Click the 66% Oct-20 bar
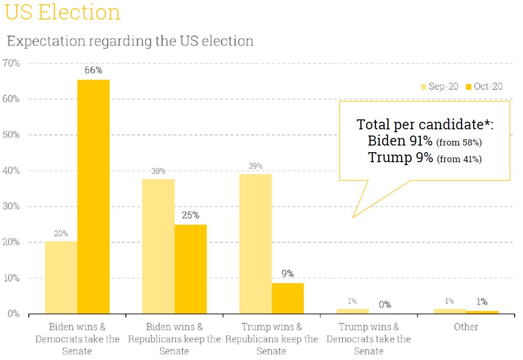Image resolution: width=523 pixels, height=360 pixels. (x=93, y=196)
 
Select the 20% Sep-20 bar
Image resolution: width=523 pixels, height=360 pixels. (x=61, y=278)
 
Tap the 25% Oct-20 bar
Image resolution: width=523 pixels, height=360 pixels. (x=190, y=269)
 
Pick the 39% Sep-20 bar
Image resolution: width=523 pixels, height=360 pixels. (x=256, y=243)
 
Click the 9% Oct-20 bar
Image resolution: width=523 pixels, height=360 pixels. (x=287, y=298)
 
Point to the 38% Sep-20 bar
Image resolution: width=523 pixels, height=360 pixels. (x=158, y=246)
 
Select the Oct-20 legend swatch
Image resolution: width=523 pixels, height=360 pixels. (x=469, y=87)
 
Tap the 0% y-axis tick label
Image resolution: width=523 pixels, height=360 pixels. (x=13, y=314)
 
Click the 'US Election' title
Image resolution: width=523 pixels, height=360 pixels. (x=63, y=12)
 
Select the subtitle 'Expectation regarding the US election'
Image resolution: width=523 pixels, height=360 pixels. (x=130, y=41)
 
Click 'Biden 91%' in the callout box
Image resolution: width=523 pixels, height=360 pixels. (x=400, y=141)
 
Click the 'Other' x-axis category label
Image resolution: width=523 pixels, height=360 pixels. (x=466, y=327)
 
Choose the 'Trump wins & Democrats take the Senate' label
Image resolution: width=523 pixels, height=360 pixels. (x=369, y=339)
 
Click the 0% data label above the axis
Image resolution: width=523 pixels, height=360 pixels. (x=385, y=305)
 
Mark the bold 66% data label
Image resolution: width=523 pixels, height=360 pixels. (x=93, y=70)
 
